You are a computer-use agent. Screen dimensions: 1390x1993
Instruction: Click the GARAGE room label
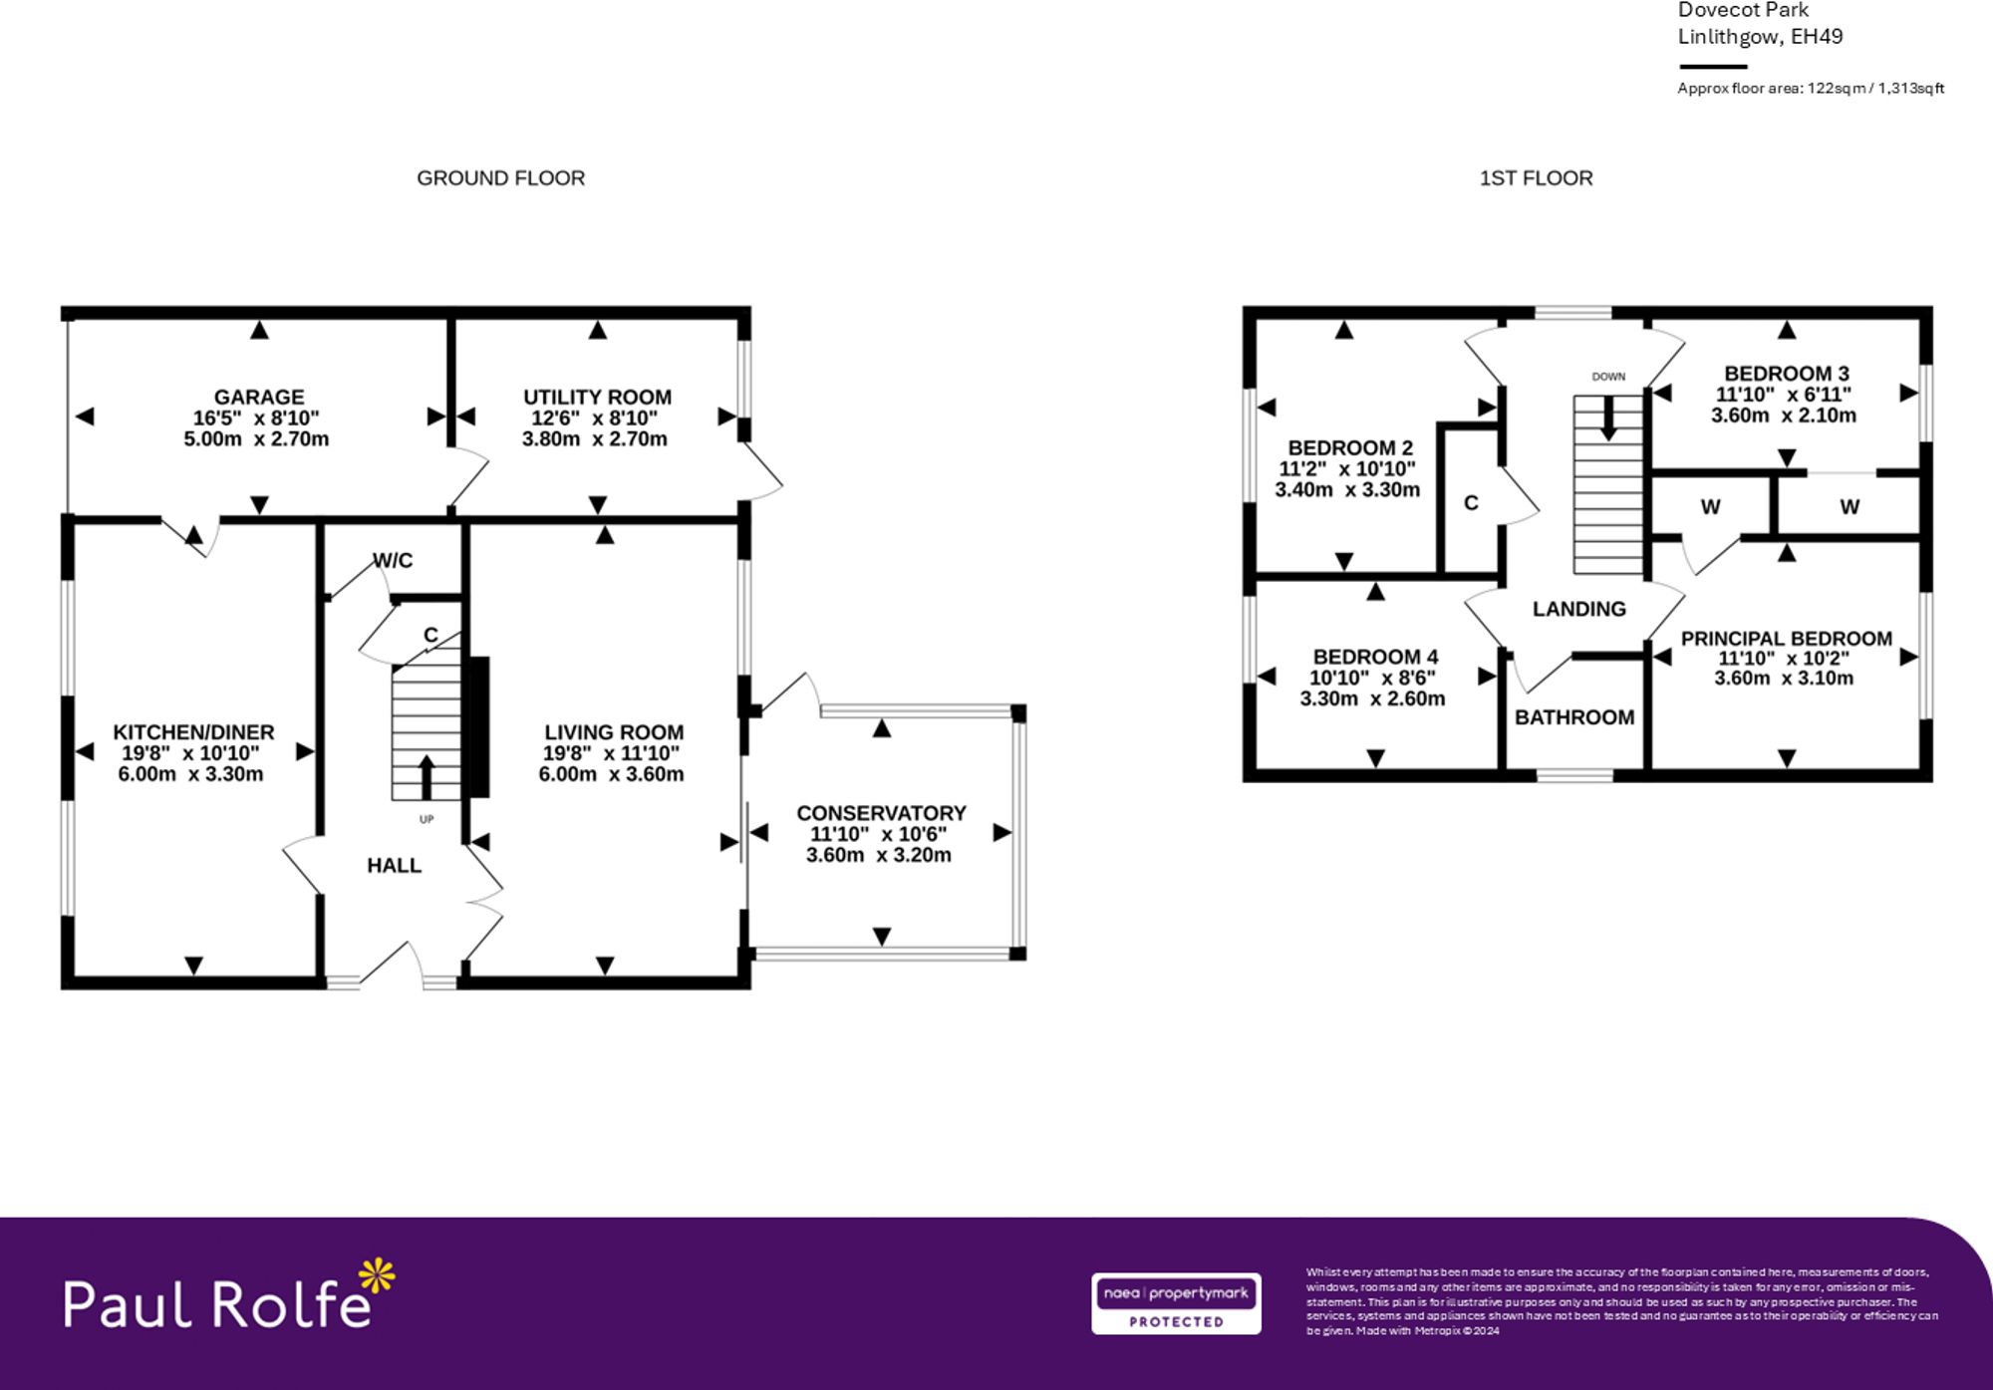click(x=258, y=397)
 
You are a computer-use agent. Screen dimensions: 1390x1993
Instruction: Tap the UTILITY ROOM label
click(x=597, y=397)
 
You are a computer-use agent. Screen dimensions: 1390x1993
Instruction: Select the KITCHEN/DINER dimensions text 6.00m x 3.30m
click(x=190, y=774)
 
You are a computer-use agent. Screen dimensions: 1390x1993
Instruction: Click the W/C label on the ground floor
click(x=393, y=560)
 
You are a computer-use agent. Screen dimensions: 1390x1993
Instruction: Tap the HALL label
click(x=394, y=865)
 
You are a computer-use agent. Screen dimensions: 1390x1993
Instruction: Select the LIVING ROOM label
click(x=613, y=732)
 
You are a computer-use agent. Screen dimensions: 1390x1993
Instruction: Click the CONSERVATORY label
click(x=881, y=813)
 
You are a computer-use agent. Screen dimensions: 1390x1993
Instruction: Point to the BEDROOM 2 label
click(x=1350, y=447)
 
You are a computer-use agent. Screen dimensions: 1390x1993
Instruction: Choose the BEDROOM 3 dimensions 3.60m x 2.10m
click(x=1784, y=416)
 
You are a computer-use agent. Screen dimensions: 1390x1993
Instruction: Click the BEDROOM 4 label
click(x=1375, y=657)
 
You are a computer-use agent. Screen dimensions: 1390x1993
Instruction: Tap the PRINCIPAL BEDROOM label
click(x=1786, y=639)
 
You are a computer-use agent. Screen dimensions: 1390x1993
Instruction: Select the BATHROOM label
click(x=1574, y=717)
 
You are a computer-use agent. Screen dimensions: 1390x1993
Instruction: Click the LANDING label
click(x=1578, y=609)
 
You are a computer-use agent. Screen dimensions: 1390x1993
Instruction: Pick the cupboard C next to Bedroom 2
click(x=1471, y=503)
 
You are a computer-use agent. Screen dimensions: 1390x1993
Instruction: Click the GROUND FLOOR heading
click(x=500, y=178)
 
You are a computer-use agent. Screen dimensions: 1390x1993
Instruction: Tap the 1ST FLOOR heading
click(x=1536, y=178)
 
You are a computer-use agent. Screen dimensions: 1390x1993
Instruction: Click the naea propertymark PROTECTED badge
click(x=1176, y=1303)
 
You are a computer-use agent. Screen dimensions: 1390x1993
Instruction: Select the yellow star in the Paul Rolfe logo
click(x=377, y=1276)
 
